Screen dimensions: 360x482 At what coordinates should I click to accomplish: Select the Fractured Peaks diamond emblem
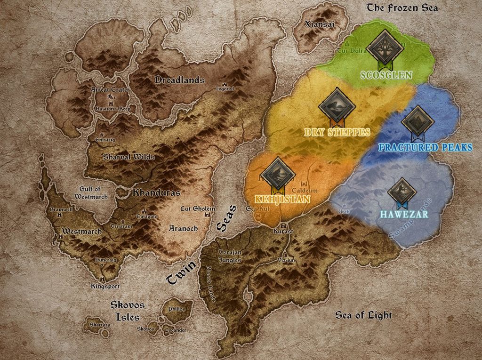coord(418,121)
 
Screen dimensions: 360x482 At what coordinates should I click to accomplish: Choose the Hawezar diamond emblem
coord(402,192)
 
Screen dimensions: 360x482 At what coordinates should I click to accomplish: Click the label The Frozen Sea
coord(402,8)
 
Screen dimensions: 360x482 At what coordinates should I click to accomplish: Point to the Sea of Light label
coord(363,315)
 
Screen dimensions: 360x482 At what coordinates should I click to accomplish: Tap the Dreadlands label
coord(180,80)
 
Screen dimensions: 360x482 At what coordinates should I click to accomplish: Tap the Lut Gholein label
coord(198,209)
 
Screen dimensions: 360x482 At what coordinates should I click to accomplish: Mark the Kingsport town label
coord(105,286)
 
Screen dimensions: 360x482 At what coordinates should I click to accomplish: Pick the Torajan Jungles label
coord(230,256)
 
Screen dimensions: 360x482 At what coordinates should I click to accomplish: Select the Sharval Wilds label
coord(129,157)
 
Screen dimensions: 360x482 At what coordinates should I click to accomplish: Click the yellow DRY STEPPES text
coord(337,132)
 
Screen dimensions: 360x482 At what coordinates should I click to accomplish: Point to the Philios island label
coord(177,309)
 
